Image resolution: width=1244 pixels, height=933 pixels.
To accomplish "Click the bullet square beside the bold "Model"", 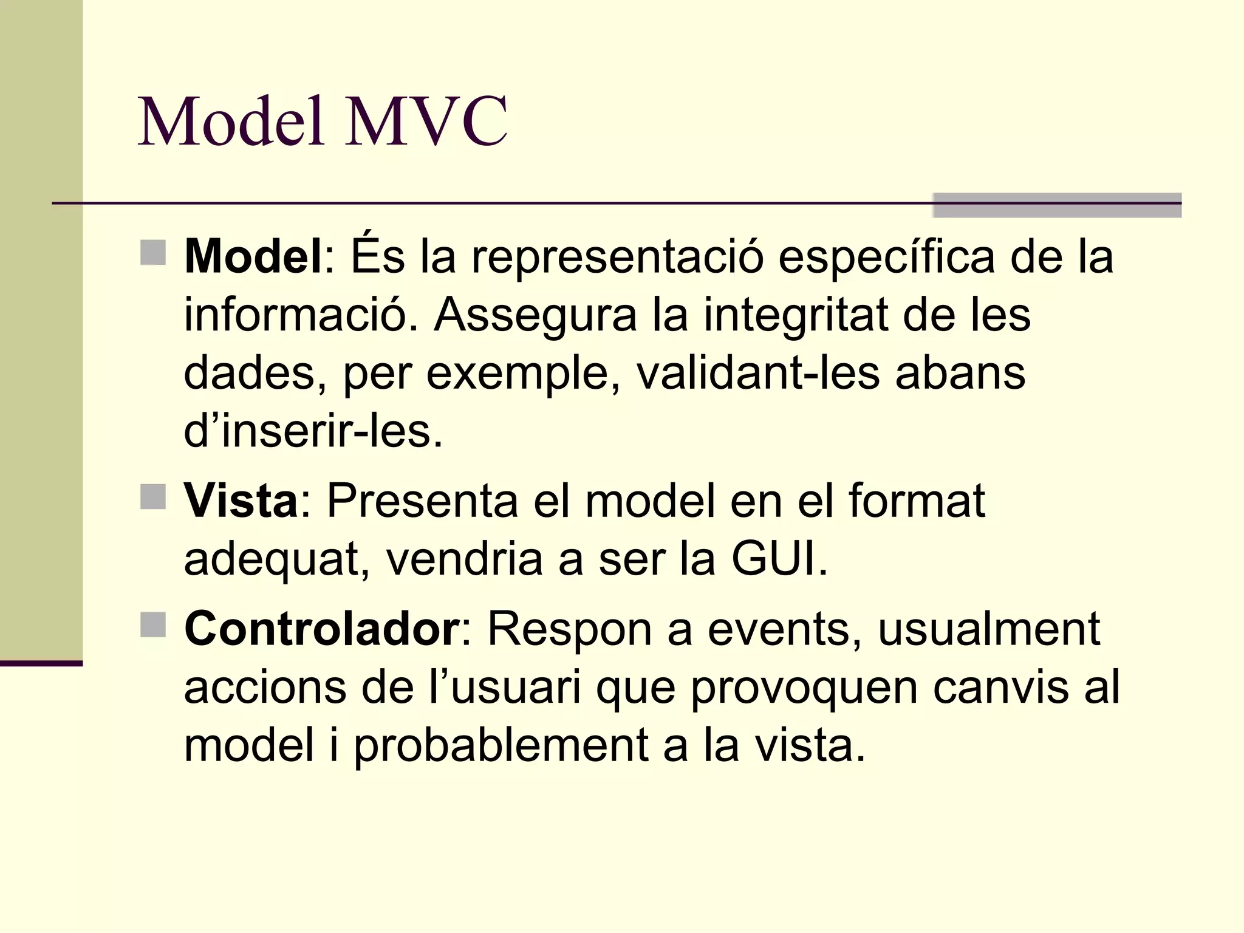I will tap(153, 253).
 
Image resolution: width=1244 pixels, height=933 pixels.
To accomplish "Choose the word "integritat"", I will tap(796, 315).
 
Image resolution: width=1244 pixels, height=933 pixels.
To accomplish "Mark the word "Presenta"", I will tap(423, 501).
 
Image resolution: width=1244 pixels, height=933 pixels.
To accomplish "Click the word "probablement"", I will tap(501, 747).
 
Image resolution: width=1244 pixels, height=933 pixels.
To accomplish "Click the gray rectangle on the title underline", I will tap(1057, 205).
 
